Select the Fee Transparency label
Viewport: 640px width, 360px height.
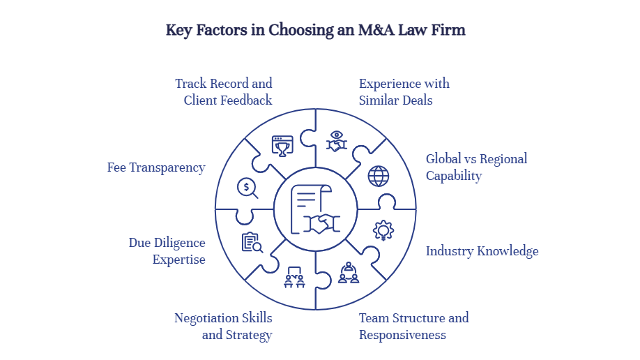point(156,167)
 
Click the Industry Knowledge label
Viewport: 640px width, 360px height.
point(482,251)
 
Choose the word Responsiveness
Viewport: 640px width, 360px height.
point(402,335)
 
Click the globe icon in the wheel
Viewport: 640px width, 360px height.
point(379,176)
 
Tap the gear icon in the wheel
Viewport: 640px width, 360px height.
point(383,230)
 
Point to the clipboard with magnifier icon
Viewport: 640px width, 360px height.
point(252,242)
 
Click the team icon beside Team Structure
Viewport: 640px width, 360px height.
point(348,273)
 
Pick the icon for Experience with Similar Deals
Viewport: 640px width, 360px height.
point(337,142)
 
